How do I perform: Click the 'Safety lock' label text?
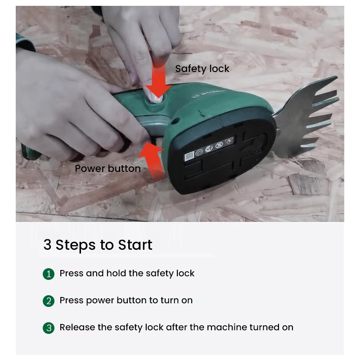pos(202,69)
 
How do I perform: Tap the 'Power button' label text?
pos(108,169)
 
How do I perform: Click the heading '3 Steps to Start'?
pos(98,245)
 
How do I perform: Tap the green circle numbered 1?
pos(49,274)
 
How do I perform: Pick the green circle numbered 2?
pos(49,301)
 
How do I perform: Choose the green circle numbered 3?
pos(49,328)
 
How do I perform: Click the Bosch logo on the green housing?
pos(208,94)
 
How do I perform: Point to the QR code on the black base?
pos(189,157)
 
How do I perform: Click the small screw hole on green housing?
pos(175,120)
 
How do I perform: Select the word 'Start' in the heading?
pos(135,245)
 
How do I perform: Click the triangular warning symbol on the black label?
pos(229,141)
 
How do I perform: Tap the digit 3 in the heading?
pos(47,245)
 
